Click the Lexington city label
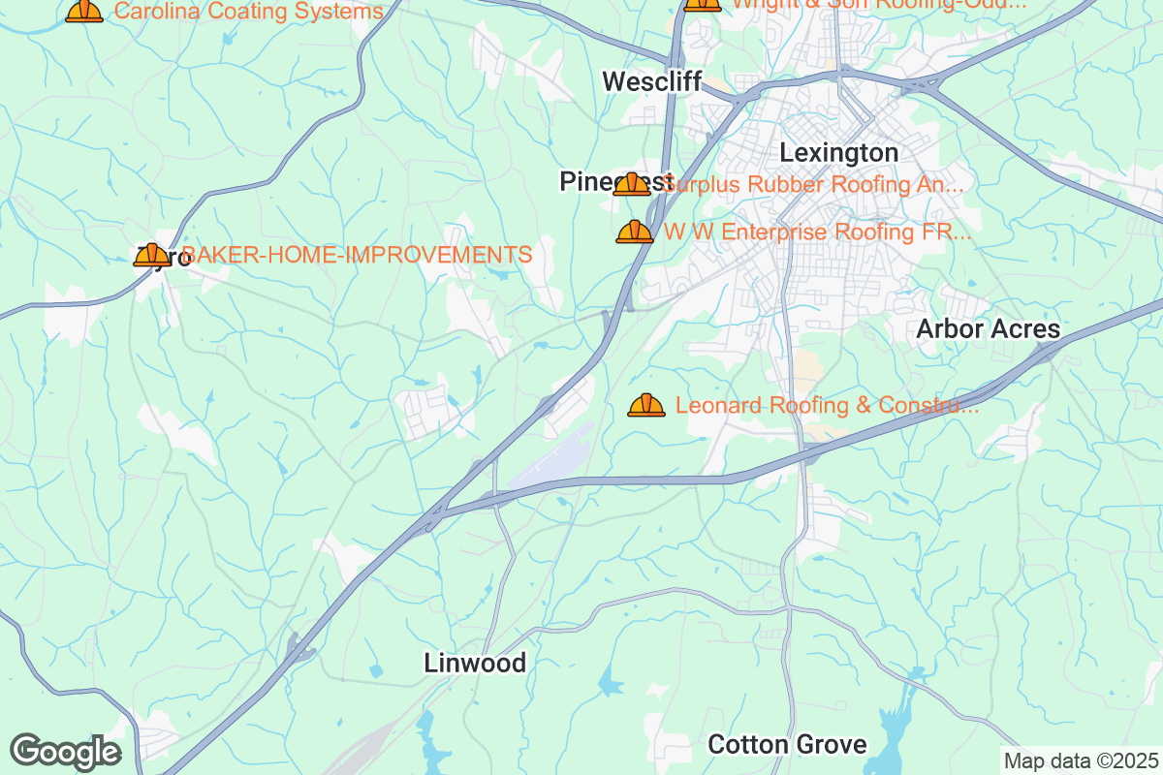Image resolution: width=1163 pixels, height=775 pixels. tap(838, 153)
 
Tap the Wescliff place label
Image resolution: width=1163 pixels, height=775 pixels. tap(650, 81)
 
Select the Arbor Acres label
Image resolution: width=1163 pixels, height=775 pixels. tap(988, 329)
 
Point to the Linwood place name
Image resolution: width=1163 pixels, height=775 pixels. tap(475, 663)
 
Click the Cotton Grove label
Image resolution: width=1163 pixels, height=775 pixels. tap(787, 744)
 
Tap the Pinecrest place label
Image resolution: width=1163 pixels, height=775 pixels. tap(591, 181)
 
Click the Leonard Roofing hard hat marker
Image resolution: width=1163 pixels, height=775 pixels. tap(646, 405)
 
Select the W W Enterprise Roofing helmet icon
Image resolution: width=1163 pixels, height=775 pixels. tap(635, 232)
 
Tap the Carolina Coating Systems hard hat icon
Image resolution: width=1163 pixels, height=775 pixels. tap(84, 11)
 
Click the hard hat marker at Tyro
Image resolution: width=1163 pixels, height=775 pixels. tap(151, 255)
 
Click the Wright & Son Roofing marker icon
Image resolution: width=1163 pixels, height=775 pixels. tap(702, 4)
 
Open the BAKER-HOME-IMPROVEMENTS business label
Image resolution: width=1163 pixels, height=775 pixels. tap(357, 255)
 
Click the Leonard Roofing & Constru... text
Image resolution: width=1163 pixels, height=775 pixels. tap(827, 405)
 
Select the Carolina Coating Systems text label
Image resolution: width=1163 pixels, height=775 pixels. tap(249, 12)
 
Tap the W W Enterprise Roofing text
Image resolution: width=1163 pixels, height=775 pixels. tap(817, 232)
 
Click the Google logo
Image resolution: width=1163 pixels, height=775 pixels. tap(65, 752)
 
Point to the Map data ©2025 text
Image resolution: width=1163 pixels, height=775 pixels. tap(1080, 760)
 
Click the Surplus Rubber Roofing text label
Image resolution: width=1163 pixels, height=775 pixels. tap(814, 184)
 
